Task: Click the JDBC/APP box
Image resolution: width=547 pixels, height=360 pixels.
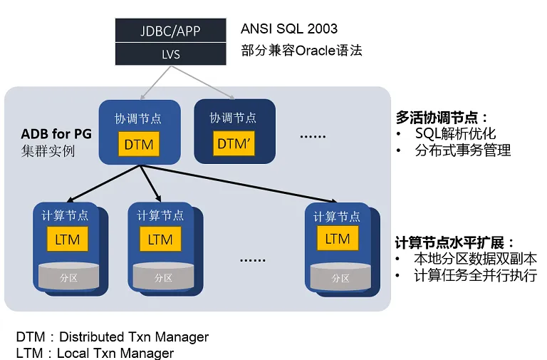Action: (x=171, y=31)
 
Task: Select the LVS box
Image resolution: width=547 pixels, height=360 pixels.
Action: (x=171, y=54)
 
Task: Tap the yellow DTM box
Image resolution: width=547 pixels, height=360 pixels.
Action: (x=139, y=144)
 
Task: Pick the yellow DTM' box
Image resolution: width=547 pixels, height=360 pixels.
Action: (x=234, y=143)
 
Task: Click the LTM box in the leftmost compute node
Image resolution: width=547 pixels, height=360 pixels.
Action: (x=68, y=240)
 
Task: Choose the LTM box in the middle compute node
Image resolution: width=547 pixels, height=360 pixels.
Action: (x=160, y=240)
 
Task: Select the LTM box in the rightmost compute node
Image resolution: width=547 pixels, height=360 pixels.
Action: (x=338, y=238)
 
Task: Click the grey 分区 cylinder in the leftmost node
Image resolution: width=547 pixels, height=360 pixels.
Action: (x=68, y=276)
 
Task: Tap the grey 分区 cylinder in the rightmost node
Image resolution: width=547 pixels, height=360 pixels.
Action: (x=340, y=277)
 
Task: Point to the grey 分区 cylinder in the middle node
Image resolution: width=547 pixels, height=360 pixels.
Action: (x=163, y=276)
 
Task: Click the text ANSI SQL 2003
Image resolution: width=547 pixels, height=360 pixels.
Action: (x=289, y=29)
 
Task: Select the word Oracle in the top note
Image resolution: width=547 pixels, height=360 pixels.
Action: (x=316, y=51)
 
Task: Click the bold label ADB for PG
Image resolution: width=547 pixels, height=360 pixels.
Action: (x=56, y=134)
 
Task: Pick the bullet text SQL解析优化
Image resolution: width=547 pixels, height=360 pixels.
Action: (x=455, y=133)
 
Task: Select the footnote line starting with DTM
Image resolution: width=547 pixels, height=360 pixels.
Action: (x=113, y=337)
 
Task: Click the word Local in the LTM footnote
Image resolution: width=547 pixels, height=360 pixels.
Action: (x=72, y=353)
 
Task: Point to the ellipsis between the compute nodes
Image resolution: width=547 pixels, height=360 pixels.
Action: (x=253, y=260)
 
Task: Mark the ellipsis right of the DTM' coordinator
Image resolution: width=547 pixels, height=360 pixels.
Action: (x=313, y=136)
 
